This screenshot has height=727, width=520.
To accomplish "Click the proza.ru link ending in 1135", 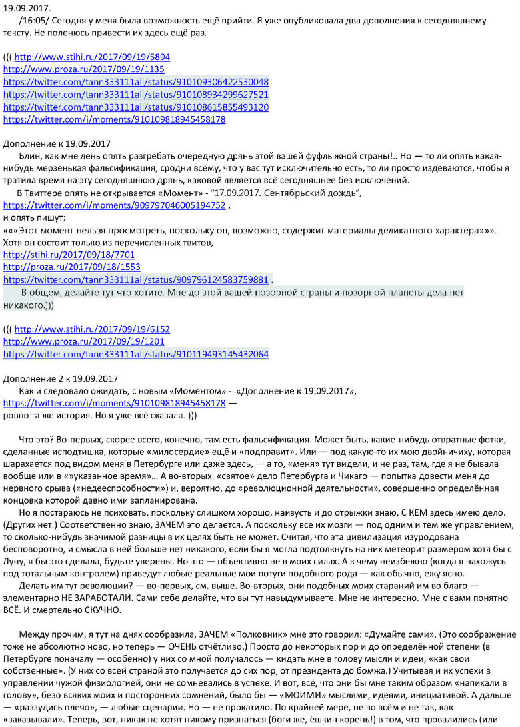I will click(84, 69).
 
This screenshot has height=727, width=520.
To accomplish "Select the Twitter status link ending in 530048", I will click(136, 82).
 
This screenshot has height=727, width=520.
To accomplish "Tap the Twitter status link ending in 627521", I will click(136, 95).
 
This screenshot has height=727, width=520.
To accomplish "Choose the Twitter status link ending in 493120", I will click(136, 107).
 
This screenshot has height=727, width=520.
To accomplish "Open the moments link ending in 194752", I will click(115, 205).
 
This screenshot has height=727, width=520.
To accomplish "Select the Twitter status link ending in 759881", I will click(136, 279).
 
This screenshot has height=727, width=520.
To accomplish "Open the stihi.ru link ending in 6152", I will click(92, 329).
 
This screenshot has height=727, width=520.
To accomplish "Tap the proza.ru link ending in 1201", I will click(84, 341).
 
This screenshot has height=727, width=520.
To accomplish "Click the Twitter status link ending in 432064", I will click(136, 354).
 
